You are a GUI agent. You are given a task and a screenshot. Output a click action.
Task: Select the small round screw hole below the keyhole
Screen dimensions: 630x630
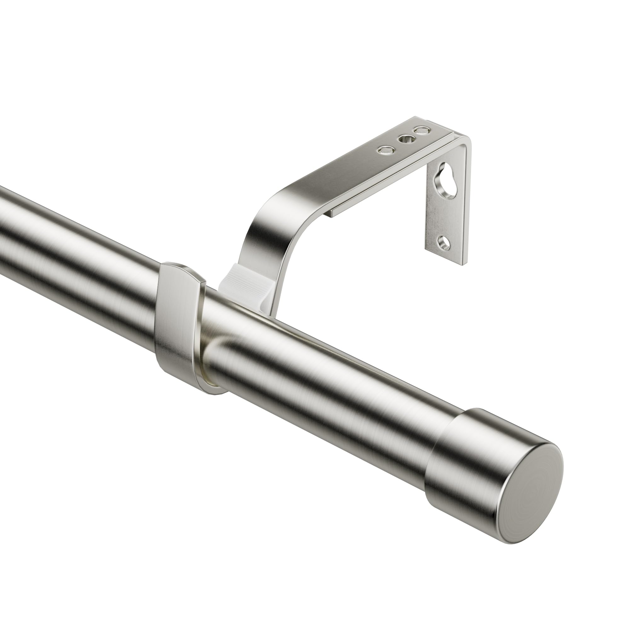pyautogui.click(x=444, y=243)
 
